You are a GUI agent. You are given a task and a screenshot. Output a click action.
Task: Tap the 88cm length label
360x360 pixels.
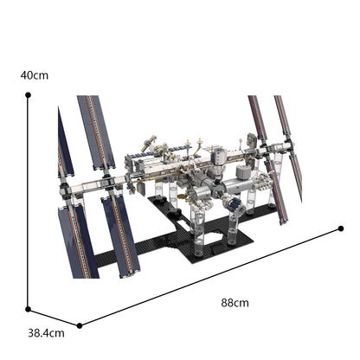pos(235,303)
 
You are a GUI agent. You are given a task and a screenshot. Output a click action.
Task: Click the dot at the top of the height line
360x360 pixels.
pos(28,96)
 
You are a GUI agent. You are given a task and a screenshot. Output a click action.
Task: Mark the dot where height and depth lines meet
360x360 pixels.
pos(28,308)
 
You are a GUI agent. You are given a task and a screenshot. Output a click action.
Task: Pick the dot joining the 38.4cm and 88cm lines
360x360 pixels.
pos(80,325)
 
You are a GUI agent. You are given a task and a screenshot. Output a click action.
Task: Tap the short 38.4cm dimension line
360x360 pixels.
pos(54,317)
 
